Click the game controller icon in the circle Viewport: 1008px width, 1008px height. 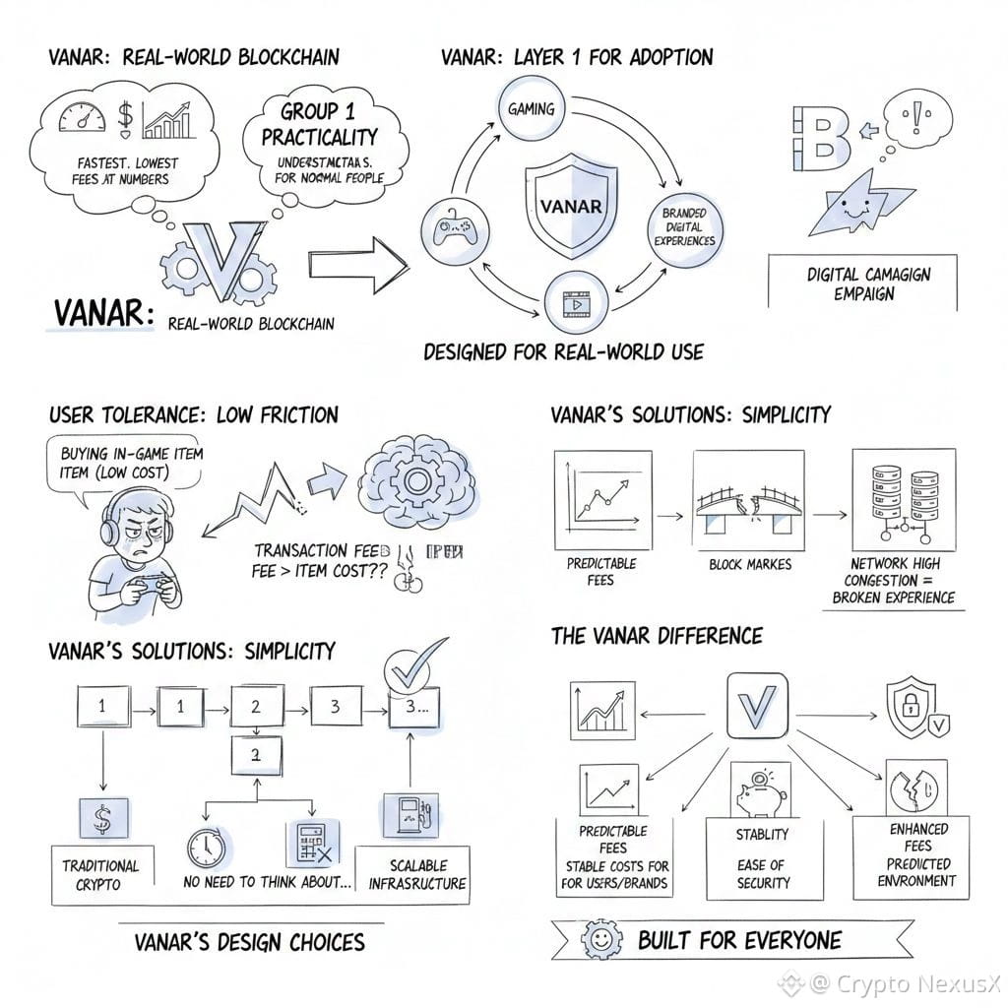(452, 228)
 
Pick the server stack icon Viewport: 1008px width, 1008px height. (897, 499)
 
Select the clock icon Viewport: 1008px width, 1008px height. (208, 847)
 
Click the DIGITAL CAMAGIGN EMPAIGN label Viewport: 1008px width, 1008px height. (862, 283)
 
